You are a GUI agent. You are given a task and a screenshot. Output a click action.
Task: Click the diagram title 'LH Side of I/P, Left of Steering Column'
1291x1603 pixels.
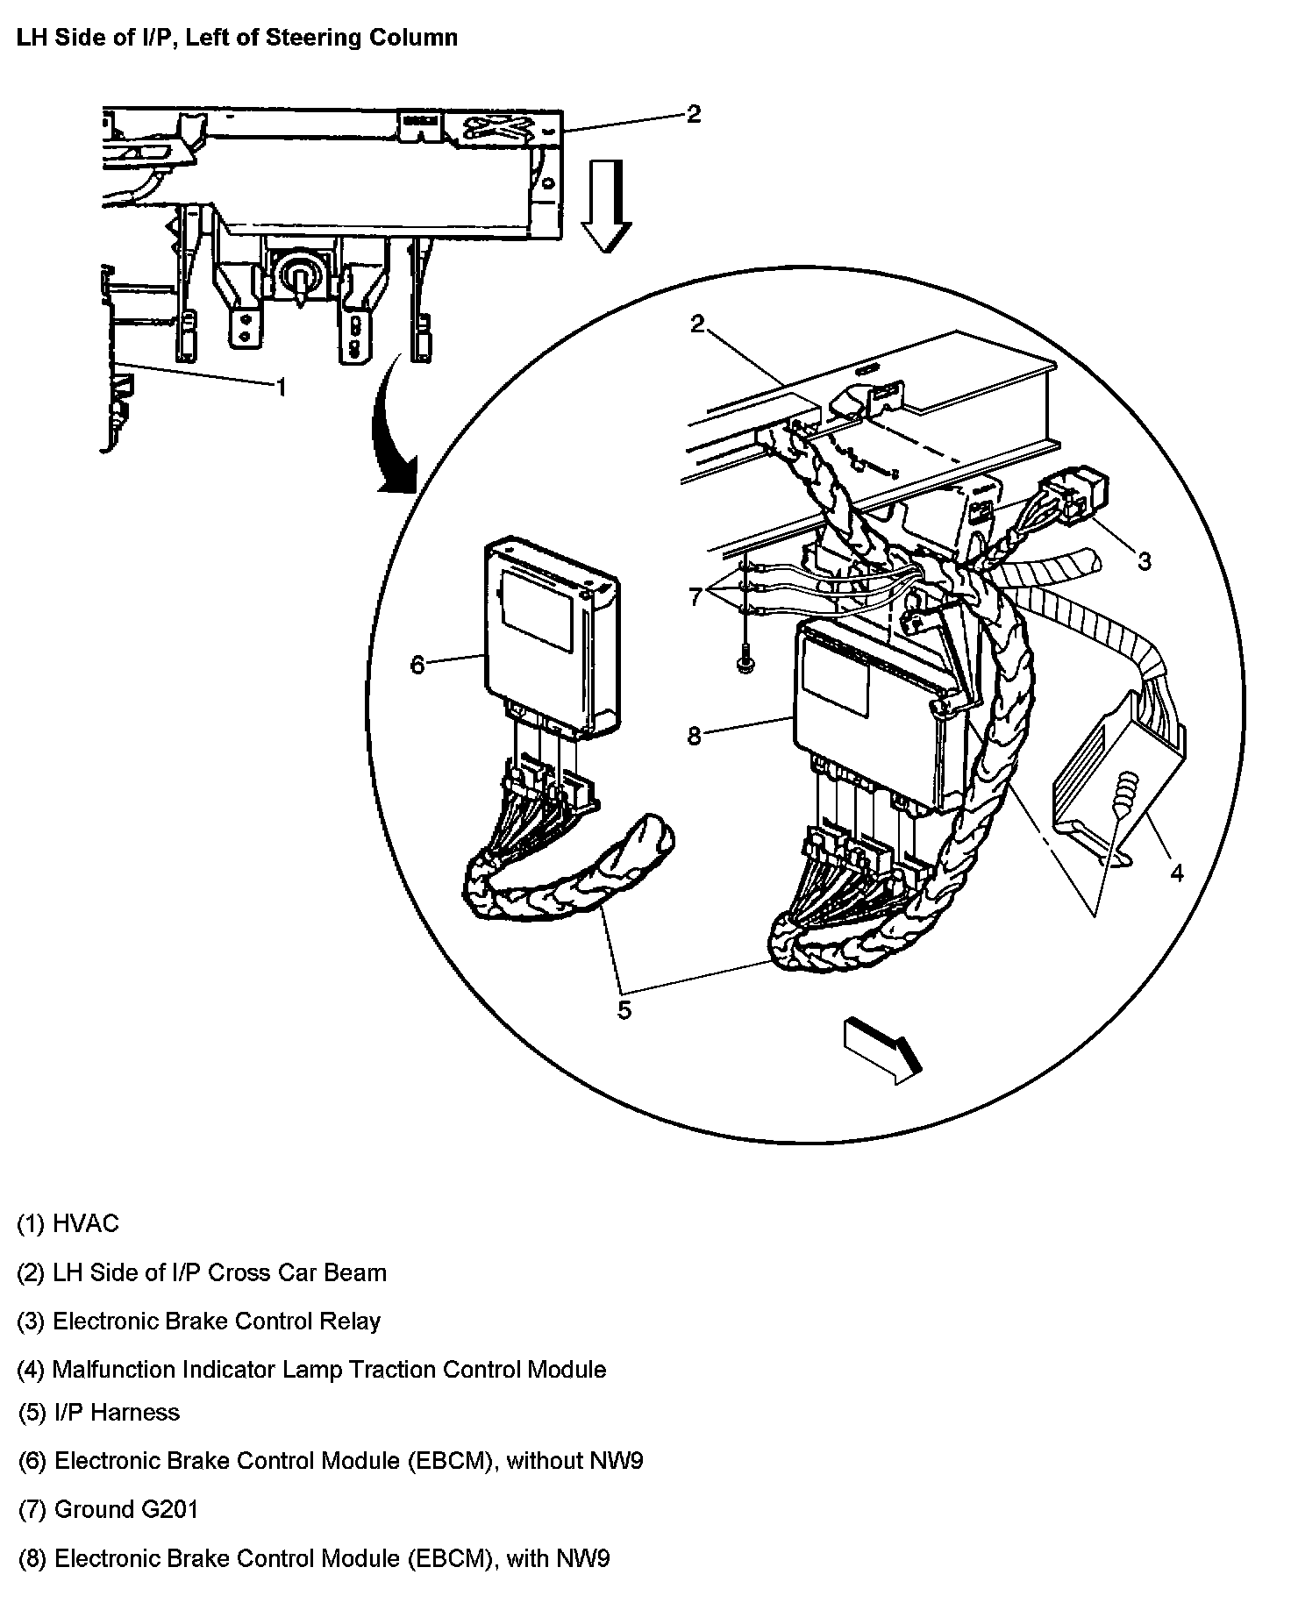[x=237, y=39]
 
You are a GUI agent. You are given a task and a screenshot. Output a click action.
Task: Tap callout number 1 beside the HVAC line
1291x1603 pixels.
[x=281, y=387]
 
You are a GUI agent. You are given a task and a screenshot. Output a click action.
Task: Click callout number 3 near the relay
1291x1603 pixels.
[x=1144, y=560]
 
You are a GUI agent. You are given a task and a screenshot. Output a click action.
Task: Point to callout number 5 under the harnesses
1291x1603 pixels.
[x=624, y=1009]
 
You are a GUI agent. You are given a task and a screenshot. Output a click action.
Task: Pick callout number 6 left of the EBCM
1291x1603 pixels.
[x=417, y=665]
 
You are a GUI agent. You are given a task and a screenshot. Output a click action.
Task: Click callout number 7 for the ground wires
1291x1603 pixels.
[x=695, y=597]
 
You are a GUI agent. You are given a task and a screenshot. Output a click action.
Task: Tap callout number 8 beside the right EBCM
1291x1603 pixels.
[x=694, y=735]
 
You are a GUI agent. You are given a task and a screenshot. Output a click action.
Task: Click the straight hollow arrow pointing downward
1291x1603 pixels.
[x=606, y=205]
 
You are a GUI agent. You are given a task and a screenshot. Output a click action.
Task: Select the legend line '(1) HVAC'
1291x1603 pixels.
[x=68, y=1223]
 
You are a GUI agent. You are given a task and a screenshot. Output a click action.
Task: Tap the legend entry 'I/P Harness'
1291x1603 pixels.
[x=98, y=1413]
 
